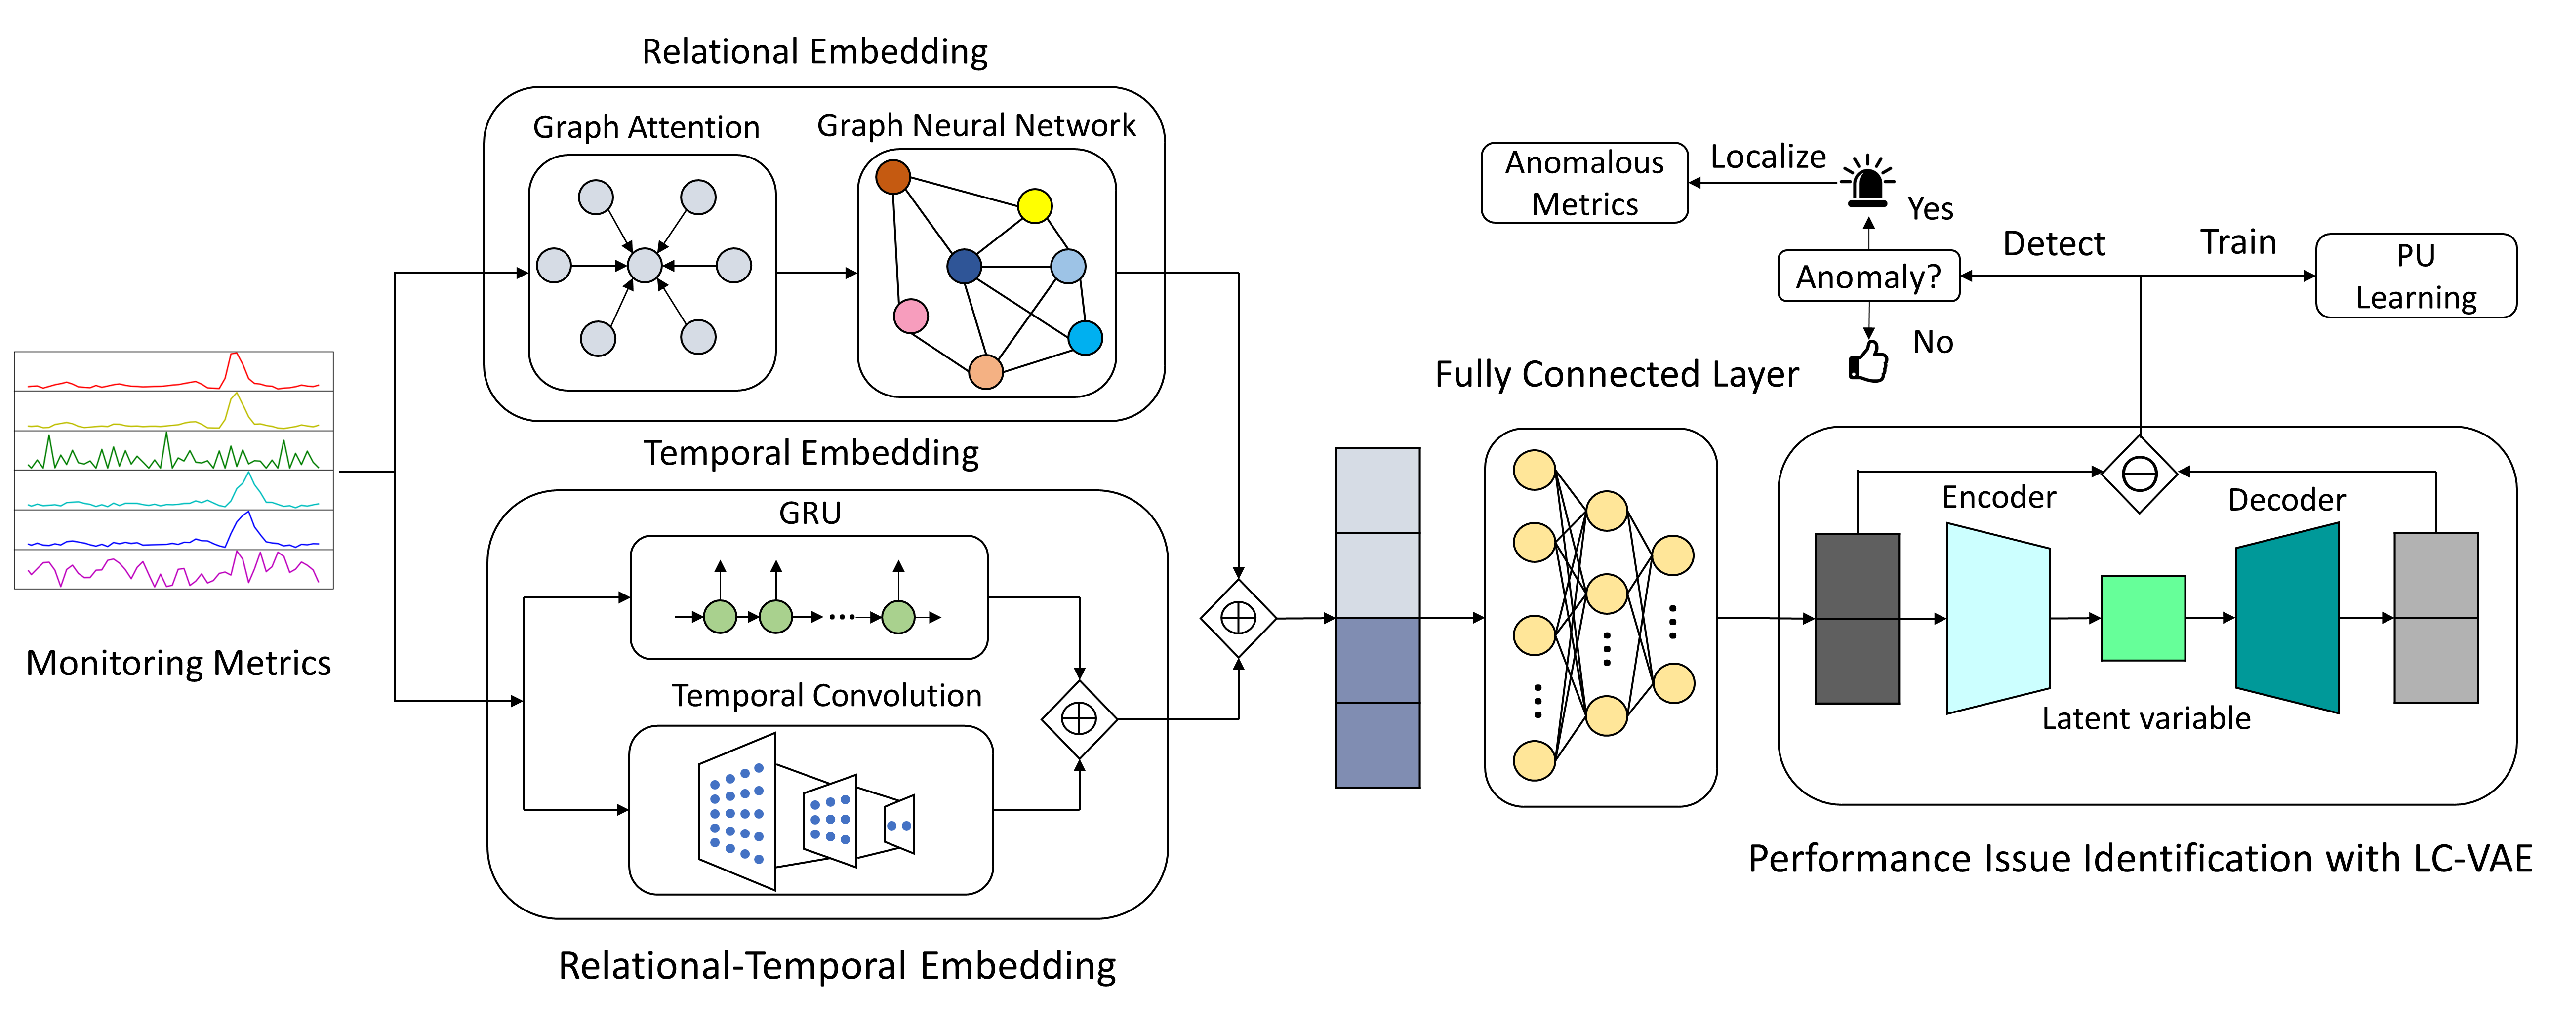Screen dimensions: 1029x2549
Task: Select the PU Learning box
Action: point(2416,276)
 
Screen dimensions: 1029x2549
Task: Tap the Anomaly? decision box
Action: point(1868,276)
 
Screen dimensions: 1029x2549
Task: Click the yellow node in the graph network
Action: point(1034,206)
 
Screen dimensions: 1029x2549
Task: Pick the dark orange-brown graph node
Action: point(892,177)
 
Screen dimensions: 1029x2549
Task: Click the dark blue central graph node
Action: point(964,265)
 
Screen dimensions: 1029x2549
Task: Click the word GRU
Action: point(809,513)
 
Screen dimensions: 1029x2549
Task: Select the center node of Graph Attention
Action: point(644,265)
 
